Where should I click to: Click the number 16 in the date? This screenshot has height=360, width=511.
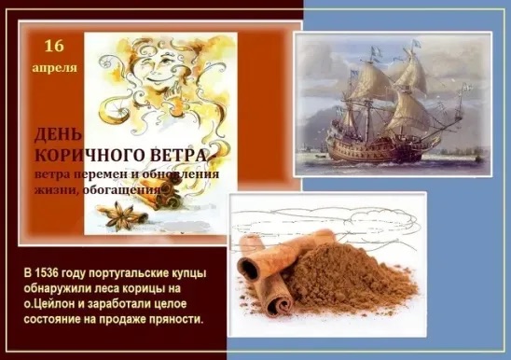click(x=55, y=46)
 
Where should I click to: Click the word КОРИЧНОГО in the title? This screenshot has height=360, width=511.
click(x=99, y=155)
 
